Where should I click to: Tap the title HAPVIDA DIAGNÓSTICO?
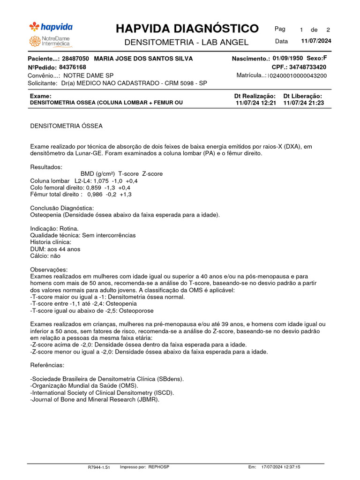(x=187, y=29)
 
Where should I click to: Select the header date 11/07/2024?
(x=316, y=41)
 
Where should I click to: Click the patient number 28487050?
(x=75, y=59)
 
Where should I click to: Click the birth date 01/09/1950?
(x=288, y=59)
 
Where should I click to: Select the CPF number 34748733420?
(x=308, y=67)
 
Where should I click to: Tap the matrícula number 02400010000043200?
(x=298, y=75)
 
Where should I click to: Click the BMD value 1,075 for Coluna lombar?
(x=101, y=180)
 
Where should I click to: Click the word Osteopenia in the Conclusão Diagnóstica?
(x=46, y=215)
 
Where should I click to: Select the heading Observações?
(x=49, y=270)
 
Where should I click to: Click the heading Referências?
(x=47, y=365)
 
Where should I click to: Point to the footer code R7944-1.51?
(x=98, y=467)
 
